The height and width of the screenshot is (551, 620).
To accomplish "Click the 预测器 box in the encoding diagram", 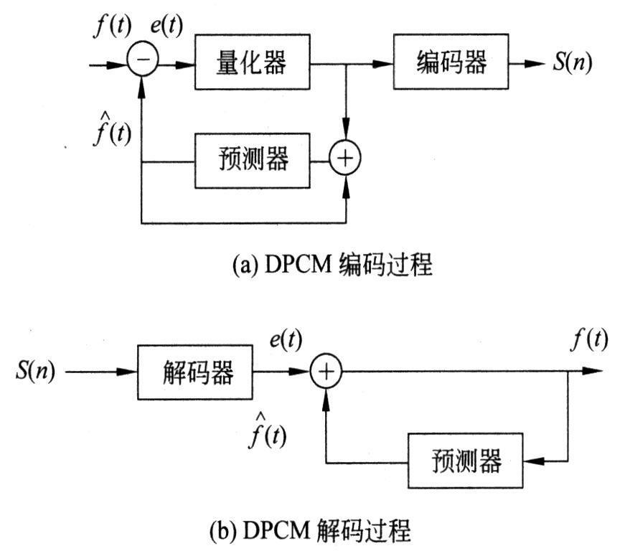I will pyautogui.click(x=253, y=159).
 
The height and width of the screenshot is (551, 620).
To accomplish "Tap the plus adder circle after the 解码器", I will pyautogui.click(x=327, y=372).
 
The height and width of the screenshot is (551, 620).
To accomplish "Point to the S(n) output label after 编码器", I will pyautogui.click(x=572, y=63).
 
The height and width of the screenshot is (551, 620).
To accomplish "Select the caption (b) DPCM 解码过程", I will pyautogui.click(x=309, y=532).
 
